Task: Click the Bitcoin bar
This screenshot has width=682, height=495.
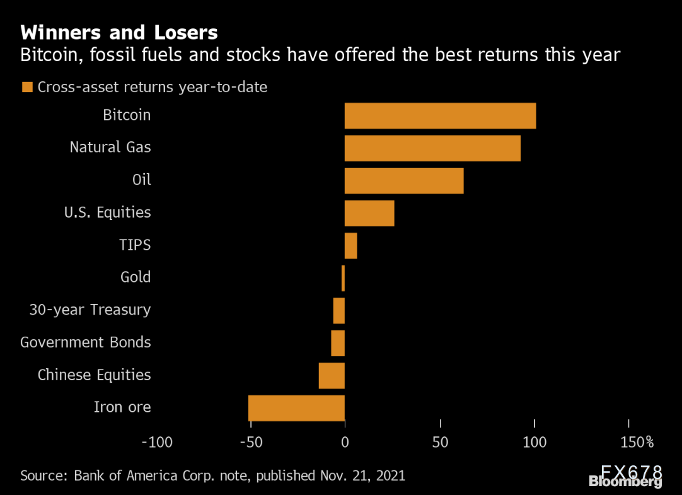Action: pyautogui.click(x=440, y=115)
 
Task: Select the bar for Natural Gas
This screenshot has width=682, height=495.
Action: pyautogui.click(x=432, y=148)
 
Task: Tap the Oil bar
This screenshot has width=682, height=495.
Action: pyautogui.click(x=404, y=180)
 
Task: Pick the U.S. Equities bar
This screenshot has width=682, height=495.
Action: pyautogui.click(x=369, y=213)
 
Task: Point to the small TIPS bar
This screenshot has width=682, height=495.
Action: pyautogui.click(x=350, y=245)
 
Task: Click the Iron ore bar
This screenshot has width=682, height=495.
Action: pyautogui.click(x=296, y=407)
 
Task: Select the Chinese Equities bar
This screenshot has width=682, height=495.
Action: pyautogui.click(x=332, y=375)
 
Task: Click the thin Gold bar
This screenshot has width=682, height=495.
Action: pyautogui.click(x=343, y=278)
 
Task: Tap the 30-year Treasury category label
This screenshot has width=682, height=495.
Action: pyautogui.click(x=90, y=310)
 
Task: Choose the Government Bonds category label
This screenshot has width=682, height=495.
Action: pyautogui.click(x=86, y=342)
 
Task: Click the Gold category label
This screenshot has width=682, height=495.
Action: pyautogui.click(x=136, y=277)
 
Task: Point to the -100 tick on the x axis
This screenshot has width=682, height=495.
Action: pyautogui.click(x=156, y=442)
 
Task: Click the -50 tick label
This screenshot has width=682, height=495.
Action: pyautogui.click(x=251, y=442)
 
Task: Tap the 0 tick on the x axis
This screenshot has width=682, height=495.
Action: pyautogui.click(x=345, y=442)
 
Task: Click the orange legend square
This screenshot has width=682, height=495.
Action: pyautogui.click(x=26, y=87)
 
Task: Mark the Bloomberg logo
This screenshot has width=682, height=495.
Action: pyautogui.click(x=625, y=482)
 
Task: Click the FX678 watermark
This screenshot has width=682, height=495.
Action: pyautogui.click(x=631, y=471)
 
